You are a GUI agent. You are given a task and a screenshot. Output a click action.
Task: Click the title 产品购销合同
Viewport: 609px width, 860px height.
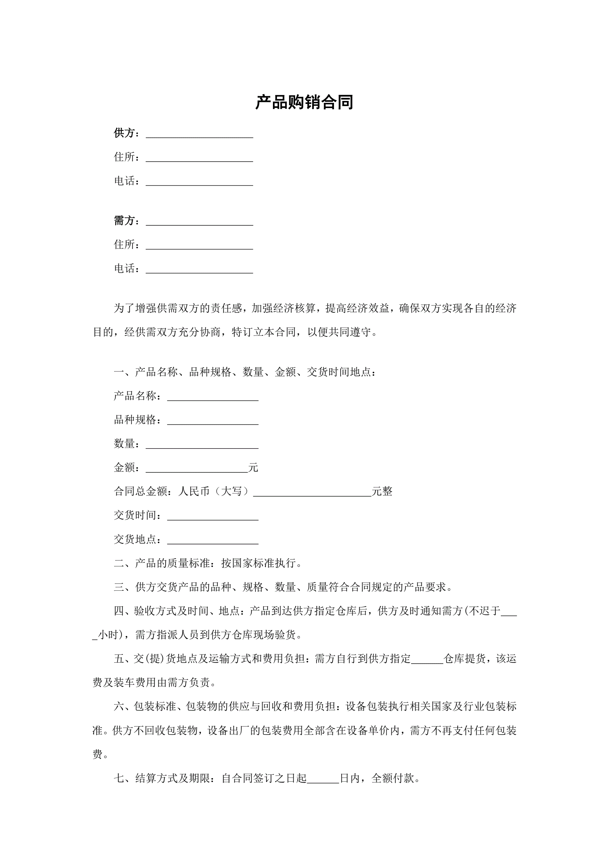[304, 102]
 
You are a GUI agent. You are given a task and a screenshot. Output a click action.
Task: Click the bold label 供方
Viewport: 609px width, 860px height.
[124, 133]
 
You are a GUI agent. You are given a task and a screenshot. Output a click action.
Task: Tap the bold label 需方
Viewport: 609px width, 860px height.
[124, 221]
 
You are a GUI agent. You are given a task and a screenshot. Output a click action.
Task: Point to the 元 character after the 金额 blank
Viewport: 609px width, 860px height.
[253, 467]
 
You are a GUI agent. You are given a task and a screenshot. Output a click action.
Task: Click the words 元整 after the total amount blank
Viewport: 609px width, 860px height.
[382, 492]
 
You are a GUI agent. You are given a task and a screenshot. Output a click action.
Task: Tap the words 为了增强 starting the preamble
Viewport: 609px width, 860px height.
[135, 308]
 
